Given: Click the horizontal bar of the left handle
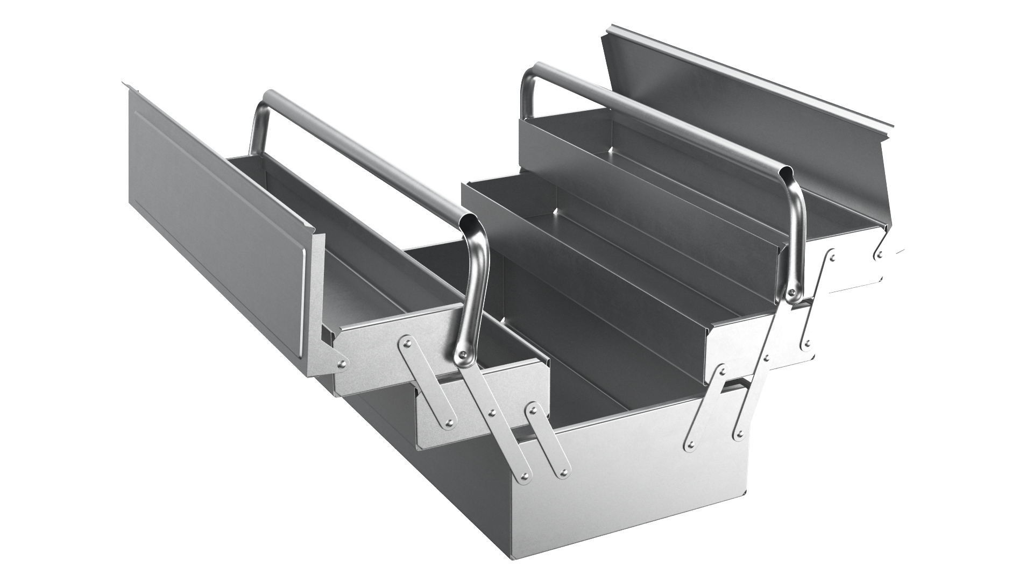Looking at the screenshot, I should coord(366,156).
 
